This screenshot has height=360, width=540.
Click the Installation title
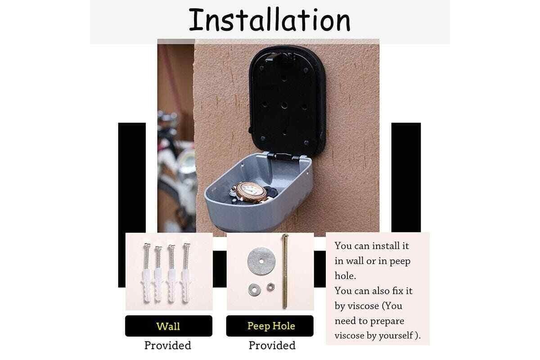tap(270, 20)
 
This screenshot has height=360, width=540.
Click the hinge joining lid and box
tap(283, 157)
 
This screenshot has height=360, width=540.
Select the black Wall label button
tap(168, 326)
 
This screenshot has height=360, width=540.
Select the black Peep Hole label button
tap(270, 326)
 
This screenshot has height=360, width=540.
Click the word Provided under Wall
tap(168, 345)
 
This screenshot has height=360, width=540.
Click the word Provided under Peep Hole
tap(272, 345)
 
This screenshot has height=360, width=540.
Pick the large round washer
tap(261, 261)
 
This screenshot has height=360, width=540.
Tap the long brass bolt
tap(285, 271)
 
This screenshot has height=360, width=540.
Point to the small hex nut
tap(271, 287)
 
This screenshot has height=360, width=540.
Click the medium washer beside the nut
tap(254, 290)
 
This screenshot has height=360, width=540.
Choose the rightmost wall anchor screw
tap(186, 273)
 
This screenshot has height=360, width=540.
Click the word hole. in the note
tap(345, 275)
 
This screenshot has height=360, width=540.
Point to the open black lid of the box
tap(287, 100)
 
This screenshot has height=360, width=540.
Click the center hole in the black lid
tap(284, 105)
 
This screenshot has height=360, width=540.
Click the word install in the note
tap(385, 246)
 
